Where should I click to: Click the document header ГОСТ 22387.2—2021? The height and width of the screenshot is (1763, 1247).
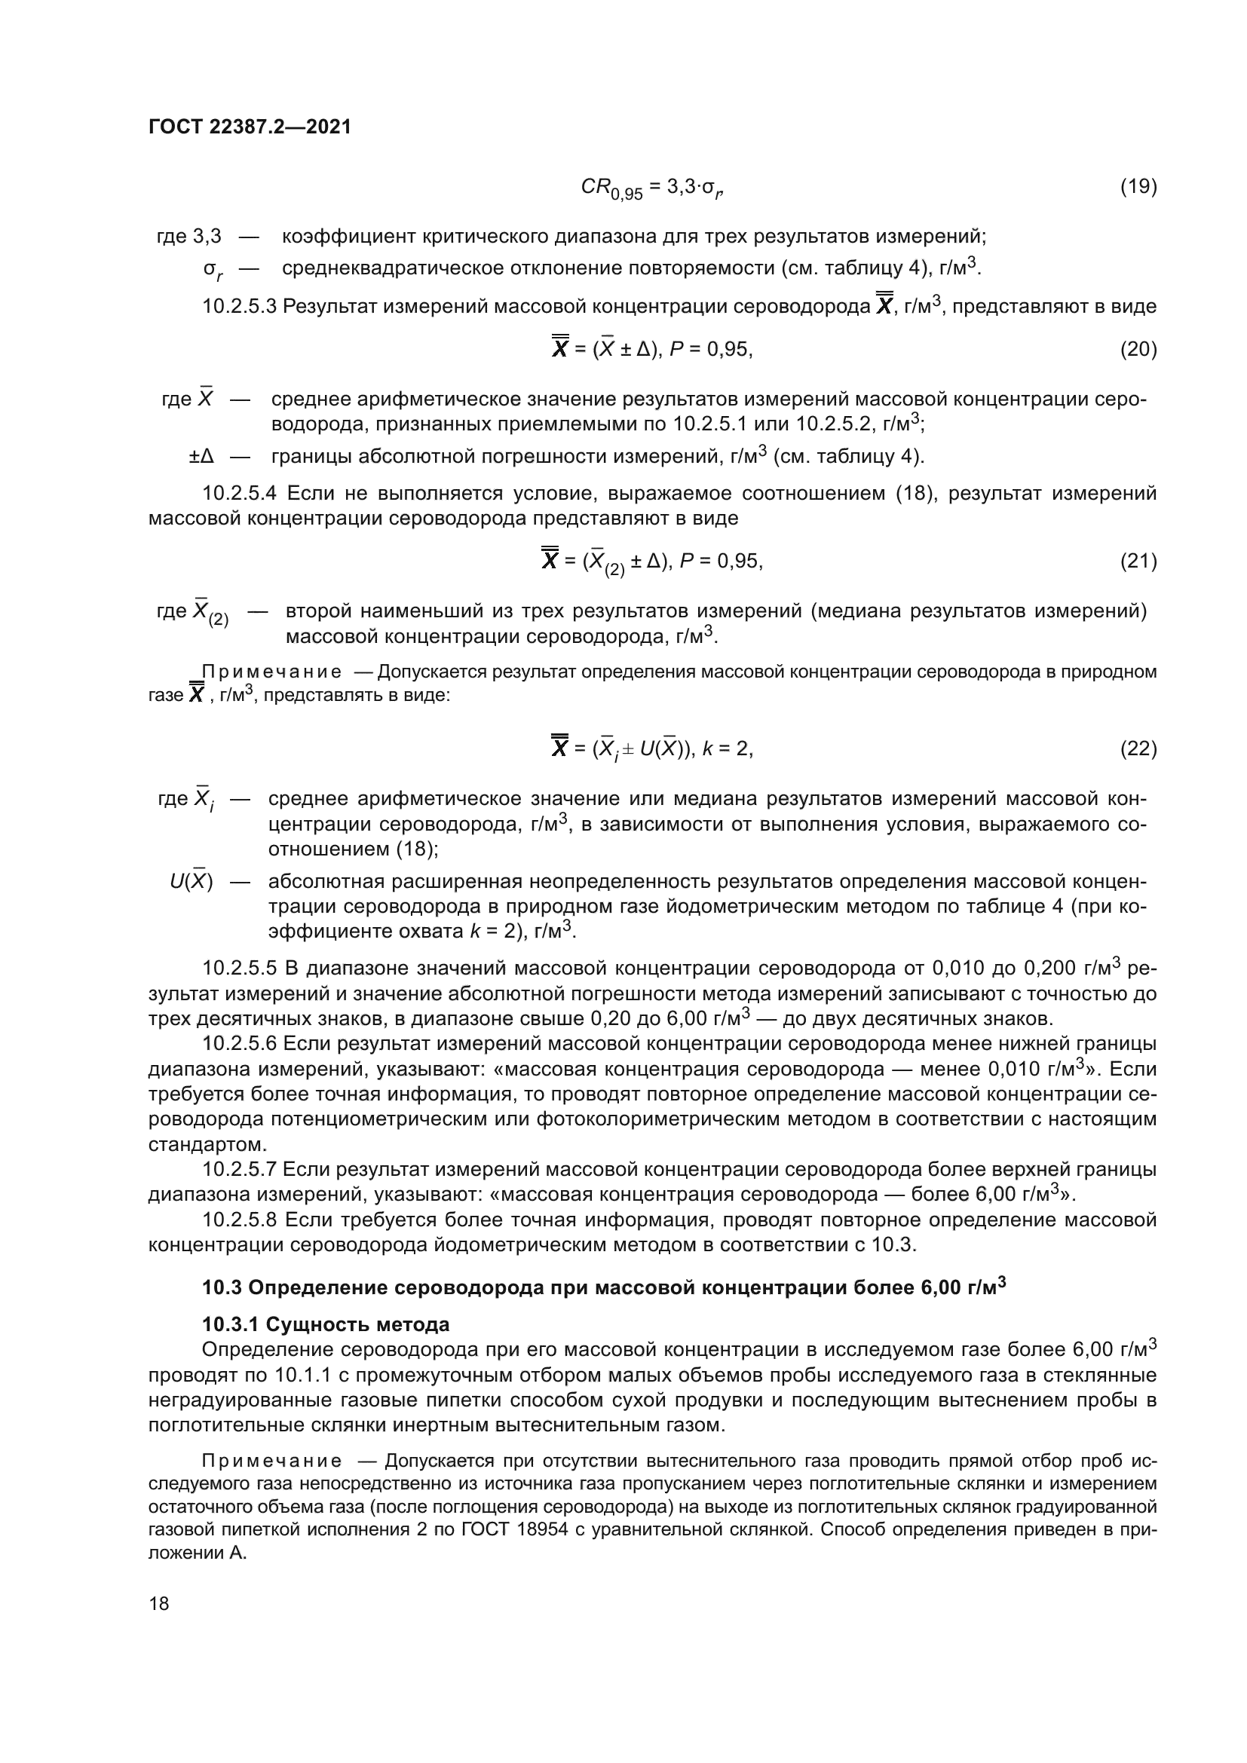tap(250, 127)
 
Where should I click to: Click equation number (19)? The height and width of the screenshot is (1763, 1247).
tap(1138, 187)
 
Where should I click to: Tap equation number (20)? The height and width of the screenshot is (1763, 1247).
tap(1138, 350)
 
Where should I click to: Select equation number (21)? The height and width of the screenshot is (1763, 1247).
tap(1138, 562)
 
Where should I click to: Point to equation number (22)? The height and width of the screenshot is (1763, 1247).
tap(1138, 748)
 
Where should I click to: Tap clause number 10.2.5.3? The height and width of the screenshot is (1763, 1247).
tap(239, 307)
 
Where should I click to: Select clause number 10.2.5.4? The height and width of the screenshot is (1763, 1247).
tap(239, 493)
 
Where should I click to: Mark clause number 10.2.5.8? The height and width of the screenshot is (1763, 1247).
tap(239, 1220)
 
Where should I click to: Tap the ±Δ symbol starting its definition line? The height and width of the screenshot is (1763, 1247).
tap(201, 457)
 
